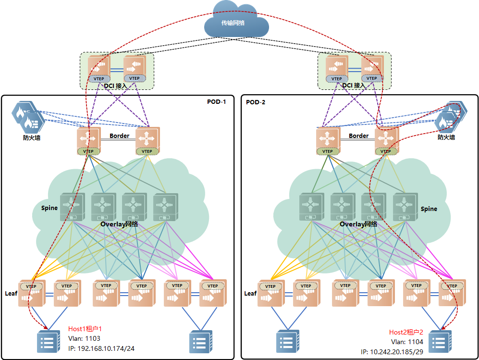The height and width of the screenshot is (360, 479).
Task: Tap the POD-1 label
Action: (216, 101)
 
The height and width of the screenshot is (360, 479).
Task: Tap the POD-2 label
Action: (256, 102)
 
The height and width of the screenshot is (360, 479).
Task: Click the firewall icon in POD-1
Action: (28, 117)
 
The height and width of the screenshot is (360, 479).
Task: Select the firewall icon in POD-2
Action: (450, 116)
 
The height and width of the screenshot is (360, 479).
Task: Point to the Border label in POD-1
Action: (119, 136)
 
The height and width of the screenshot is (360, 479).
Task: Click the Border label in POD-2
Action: (358, 136)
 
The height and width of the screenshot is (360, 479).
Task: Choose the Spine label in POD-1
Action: (49, 208)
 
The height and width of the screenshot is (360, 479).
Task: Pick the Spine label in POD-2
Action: (429, 209)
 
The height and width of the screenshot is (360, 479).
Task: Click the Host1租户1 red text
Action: (85, 329)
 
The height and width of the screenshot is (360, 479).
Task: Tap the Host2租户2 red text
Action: (406, 332)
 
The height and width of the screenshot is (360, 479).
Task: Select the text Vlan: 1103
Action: (84, 338)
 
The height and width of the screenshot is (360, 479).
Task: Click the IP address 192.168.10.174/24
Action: (101, 348)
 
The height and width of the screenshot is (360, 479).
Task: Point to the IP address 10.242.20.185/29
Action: (392, 351)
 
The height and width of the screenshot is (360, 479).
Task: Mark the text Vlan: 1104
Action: (407, 342)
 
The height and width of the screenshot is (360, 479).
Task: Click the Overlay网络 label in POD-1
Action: (119, 224)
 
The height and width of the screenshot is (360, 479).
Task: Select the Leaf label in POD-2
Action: (250, 293)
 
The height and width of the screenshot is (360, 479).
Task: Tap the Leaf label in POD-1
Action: (11, 293)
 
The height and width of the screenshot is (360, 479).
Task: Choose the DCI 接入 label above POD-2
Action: (354, 86)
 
